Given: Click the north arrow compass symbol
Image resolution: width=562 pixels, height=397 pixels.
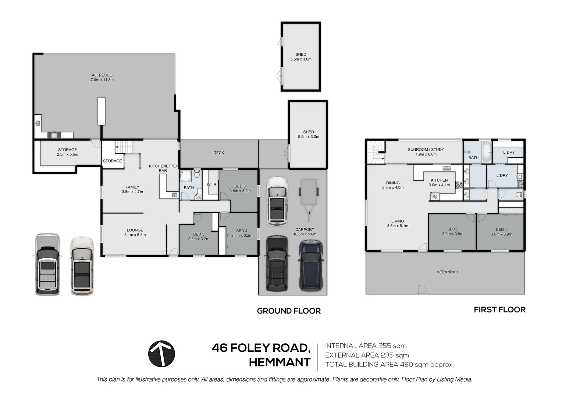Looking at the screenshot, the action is tap(161, 354).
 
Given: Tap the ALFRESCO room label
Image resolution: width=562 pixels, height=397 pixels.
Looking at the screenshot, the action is tap(102, 75).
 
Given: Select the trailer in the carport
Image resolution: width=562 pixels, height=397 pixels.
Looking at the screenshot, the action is tap(309, 200).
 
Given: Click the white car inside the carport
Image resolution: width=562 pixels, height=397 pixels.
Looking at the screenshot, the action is tap(277, 202).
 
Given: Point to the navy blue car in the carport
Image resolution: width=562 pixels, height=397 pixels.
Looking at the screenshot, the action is tap(311, 265).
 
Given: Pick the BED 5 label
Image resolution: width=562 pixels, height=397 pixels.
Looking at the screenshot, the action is tap(199, 234).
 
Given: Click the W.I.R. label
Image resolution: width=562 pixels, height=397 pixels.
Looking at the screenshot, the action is tap(212, 184).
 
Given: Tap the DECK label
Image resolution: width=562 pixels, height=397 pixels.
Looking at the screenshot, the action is tap(218, 153).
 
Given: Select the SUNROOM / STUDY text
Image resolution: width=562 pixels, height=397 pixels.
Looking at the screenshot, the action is tap(426, 150).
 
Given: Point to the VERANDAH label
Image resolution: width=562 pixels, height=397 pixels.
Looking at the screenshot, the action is tap(447, 272).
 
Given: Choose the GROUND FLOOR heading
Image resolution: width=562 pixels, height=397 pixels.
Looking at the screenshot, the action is tap(289, 311).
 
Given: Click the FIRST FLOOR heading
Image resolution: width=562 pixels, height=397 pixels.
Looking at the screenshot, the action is tap(499, 310).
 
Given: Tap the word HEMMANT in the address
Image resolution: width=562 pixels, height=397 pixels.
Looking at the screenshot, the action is tap(280, 362).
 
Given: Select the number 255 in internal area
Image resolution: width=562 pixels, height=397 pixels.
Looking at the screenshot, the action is tap(384, 346).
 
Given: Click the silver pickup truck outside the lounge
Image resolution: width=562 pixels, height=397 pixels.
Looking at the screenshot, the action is tap(48, 264).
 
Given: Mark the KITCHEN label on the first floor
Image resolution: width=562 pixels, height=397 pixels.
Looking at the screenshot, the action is tap(439, 180).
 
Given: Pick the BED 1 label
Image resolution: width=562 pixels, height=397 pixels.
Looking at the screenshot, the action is tap(501, 229).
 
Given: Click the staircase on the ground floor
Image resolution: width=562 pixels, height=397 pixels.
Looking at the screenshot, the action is tap(124, 147).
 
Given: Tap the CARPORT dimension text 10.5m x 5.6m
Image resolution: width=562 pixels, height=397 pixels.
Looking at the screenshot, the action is tap(305, 234).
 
